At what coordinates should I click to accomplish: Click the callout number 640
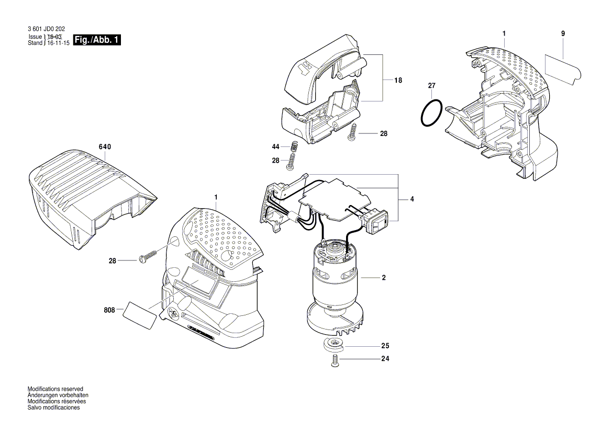click(x=105, y=147)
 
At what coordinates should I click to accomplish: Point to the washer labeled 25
click(x=331, y=345)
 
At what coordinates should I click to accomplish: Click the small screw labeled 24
click(x=333, y=361)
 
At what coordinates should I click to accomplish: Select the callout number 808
click(x=108, y=310)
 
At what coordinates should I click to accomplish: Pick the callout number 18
click(x=398, y=81)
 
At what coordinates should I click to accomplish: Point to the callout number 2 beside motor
click(x=383, y=278)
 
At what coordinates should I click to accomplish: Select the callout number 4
click(x=412, y=199)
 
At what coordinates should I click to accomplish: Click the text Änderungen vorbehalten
click(x=58, y=395)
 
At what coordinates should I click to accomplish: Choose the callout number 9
click(x=563, y=33)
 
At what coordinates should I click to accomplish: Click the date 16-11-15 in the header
click(x=59, y=43)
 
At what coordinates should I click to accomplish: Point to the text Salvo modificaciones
click(x=53, y=407)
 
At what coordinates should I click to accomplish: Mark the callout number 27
click(x=431, y=85)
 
